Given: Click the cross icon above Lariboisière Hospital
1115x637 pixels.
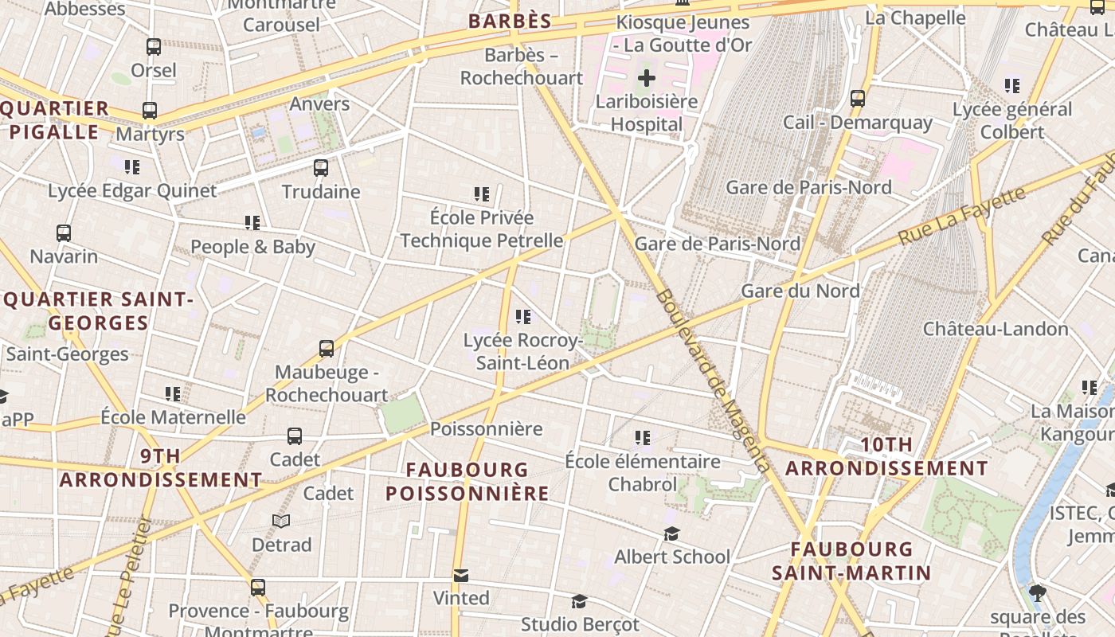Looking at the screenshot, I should click(x=647, y=78).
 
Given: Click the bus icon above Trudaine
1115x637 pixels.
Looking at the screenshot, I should click(x=321, y=168).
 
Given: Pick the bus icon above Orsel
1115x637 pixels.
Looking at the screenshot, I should click(x=154, y=47).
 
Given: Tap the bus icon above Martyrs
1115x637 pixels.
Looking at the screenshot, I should click(x=150, y=111).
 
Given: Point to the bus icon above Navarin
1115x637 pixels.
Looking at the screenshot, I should click(x=64, y=233).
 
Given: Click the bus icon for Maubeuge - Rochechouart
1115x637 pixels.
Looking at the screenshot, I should click(x=327, y=349).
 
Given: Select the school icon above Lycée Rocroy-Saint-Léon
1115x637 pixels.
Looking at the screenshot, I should click(x=523, y=317).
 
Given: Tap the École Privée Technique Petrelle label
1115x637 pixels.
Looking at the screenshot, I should click(x=481, y=229).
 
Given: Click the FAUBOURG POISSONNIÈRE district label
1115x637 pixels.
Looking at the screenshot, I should click(x=468, y=482).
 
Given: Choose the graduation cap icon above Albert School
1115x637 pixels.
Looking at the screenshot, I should click(x=672, y=533).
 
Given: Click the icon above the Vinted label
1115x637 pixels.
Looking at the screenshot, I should click(x=461, y=575).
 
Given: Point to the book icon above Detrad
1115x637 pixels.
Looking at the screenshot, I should click(x=281, y=521).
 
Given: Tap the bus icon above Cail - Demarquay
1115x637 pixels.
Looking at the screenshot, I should click(x=858, y=99).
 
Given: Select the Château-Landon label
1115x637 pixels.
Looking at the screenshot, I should click(x=996, y=329).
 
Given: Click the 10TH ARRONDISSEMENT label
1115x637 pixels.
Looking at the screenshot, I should click(x=886, y=457).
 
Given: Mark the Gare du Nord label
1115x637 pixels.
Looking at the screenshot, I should click(x=800, y=291).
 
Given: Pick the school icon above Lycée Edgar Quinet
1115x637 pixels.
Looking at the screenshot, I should click(x=132, y=167).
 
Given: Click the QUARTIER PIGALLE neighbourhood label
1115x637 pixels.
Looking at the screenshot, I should click(x=55, y=120).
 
